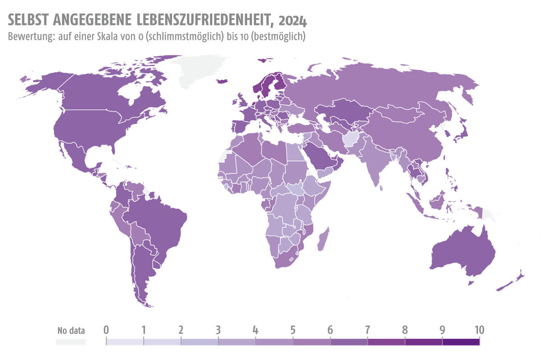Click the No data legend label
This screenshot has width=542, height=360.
tap(71, 330)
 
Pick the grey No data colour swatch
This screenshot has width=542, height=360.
tap(70, 342)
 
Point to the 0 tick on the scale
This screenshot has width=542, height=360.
tap(106, 330)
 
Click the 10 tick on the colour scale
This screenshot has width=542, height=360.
tap(479, 330)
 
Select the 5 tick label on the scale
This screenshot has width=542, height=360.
tap(293, 330)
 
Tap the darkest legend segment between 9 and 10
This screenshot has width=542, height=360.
tap(461, 342)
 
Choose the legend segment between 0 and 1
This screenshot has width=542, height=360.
tap(125, 342)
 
